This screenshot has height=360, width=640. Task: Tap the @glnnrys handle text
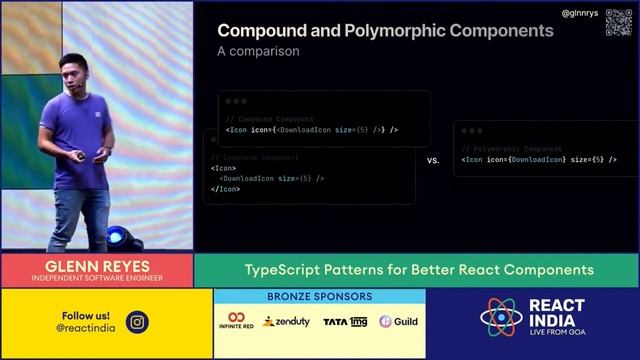[x=580, y=13]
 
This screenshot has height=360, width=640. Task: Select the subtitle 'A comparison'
[x=258, y=51]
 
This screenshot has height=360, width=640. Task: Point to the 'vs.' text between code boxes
[x=433, y=160]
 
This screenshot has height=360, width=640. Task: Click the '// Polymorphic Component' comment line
[x=512, y=149]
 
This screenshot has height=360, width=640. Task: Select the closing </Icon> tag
[x=225, y=189]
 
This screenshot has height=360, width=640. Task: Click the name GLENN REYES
[x=97, y=265]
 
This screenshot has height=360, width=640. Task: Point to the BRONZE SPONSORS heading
[x=320, y=297]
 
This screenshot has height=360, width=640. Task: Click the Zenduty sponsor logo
[x=286, y=322]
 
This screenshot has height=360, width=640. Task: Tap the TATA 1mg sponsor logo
[x=345, y=322]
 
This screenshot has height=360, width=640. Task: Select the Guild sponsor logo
[x=398, y=322]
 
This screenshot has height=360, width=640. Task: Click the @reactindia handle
[x=86, y=327]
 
